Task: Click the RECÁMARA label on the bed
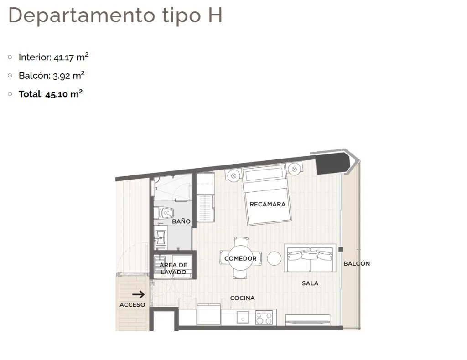pos(267,204)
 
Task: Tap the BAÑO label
pos(181,221)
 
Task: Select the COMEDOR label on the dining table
pos(240,258)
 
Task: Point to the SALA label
pos(310,283)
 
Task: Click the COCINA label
pos(243,298)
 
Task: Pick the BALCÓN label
pos(357,263)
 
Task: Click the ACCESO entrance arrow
pos(139,294)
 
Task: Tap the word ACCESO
pos(132,305)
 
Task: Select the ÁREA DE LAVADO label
pos(173,268)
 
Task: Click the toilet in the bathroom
pos(164,213)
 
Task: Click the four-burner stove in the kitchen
pos(264,318)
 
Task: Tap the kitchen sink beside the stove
pos(243,317)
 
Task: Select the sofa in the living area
pos(310,257)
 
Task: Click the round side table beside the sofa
pos(274,258)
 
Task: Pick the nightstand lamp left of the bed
pos(234,176)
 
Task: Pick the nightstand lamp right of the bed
pos(294,169)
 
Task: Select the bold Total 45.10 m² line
pos(51,94)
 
